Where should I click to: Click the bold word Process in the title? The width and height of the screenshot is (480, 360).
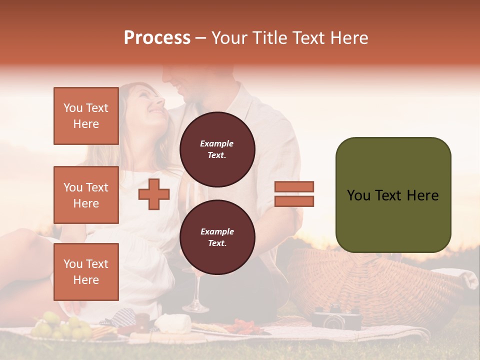(x=157, y=38)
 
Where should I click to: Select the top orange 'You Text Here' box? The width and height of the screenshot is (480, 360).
(x=86, y=116)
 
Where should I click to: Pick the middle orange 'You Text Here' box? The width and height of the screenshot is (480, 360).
(x=86, y=195)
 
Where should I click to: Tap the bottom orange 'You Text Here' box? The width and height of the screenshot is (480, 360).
(x=86, y=271)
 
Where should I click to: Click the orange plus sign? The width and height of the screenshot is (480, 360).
(x=154, y=194)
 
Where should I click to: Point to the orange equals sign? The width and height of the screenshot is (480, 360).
(x=294, y=194)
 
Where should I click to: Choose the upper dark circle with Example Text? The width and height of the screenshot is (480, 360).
(x=217, y=149)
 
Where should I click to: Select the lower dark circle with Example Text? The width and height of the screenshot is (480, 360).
(x=217, y=237)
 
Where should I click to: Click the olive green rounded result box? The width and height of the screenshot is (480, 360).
(x=393, y=195)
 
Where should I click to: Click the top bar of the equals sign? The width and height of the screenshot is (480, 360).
(x=294, y=186)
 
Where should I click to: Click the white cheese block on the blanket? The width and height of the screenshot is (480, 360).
(x=172, y=323)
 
